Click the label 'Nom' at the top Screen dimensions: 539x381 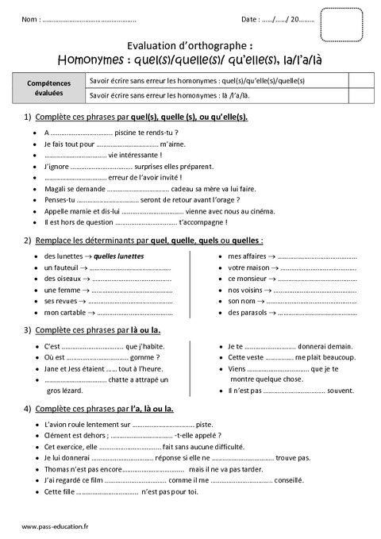29,19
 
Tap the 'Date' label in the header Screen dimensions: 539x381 248,19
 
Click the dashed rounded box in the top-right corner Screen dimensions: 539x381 342,21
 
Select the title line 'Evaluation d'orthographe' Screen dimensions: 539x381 190,45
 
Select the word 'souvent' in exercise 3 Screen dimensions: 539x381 341,391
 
